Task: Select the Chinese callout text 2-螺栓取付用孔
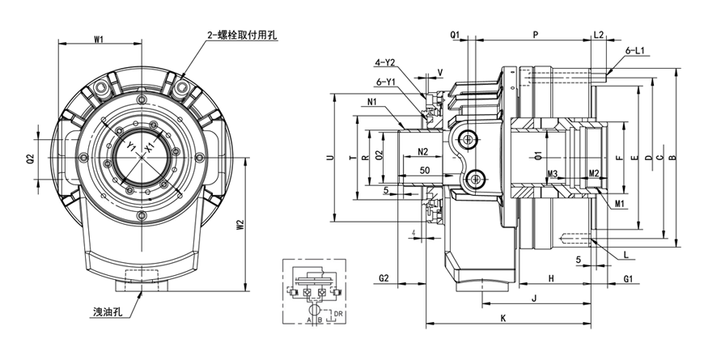coord(243,36)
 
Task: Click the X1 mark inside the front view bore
coord(149,147)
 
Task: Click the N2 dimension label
coord(422,152)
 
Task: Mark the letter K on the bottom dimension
coord(503,319)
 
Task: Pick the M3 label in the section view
coord(553,174)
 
